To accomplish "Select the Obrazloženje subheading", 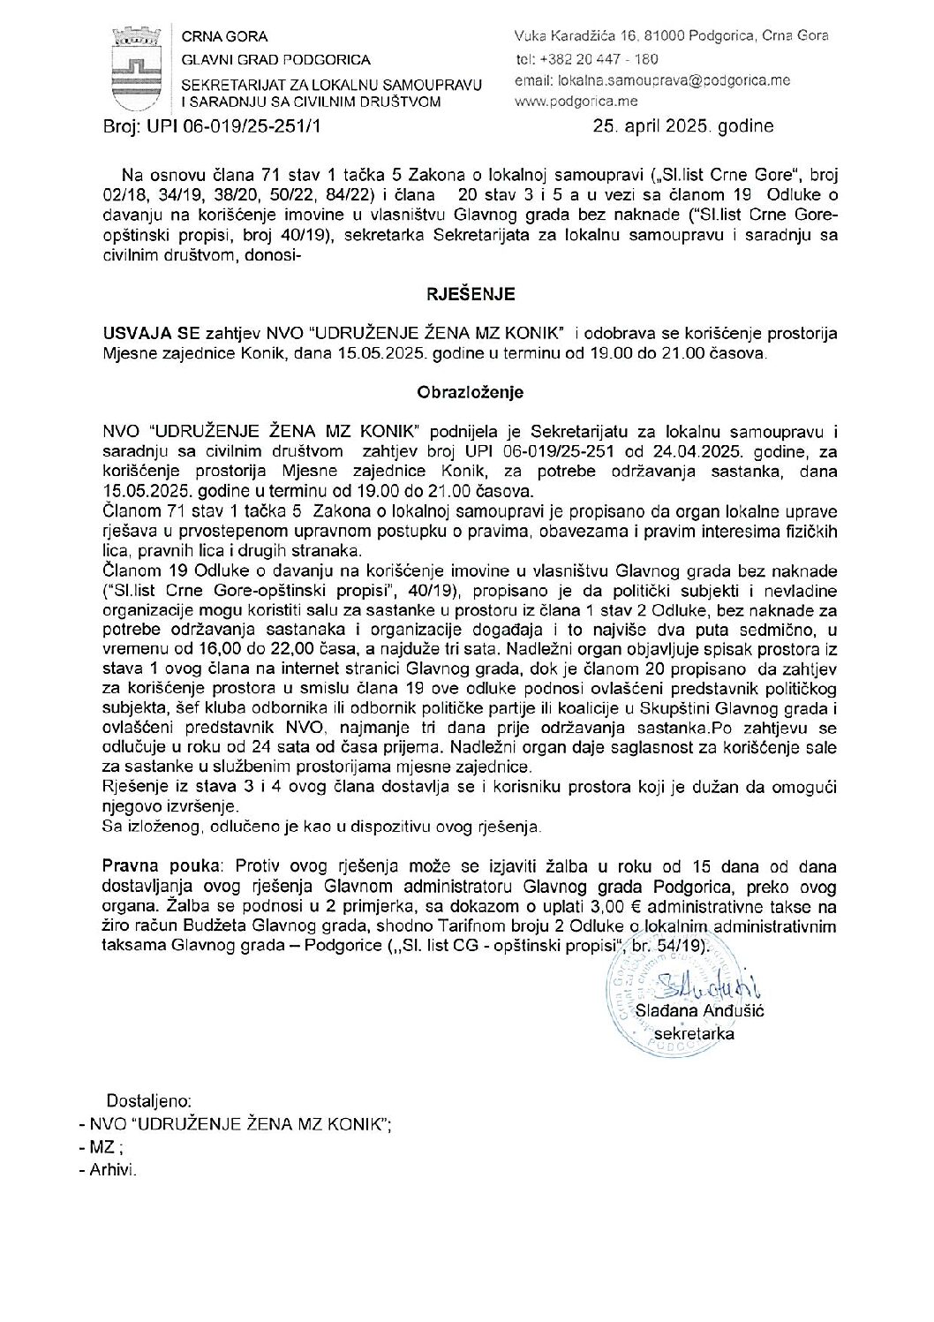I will click(x=467, y=391).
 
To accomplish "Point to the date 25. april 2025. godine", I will click(x=683, y=126).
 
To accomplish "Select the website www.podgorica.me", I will click(x=569, y=102).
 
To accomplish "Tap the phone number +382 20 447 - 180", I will click(x=609, y=59).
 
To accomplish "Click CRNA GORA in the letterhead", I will click(x=224, y=37).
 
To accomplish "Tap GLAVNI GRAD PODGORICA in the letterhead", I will click(x=275, y=60).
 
